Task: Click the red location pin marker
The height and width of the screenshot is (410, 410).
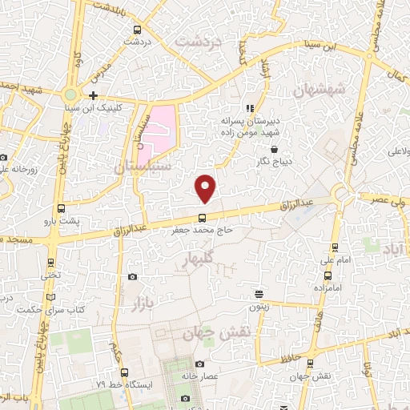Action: pyautogui.click(x=206, y=188)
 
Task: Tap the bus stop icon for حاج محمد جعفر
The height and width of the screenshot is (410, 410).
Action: pyautogui.click(x=201, y=217)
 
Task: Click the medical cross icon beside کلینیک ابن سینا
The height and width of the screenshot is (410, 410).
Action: pyautogui.click(x=94, y=95)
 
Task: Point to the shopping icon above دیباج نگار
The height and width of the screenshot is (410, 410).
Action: pyautogui.click(x=275, y=149)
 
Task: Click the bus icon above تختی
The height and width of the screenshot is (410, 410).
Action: pyautogui.click(x=51, y=263)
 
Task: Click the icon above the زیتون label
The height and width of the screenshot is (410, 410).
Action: pyautogui.click(x=259, y=293)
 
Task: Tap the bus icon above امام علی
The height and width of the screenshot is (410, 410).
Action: pyautogui.click(x=336, y=247)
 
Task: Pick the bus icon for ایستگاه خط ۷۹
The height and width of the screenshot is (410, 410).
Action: pyautogui.click(x=124, y=372)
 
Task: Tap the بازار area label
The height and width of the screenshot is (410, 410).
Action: pyautogui.click(x=143, y=303)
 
